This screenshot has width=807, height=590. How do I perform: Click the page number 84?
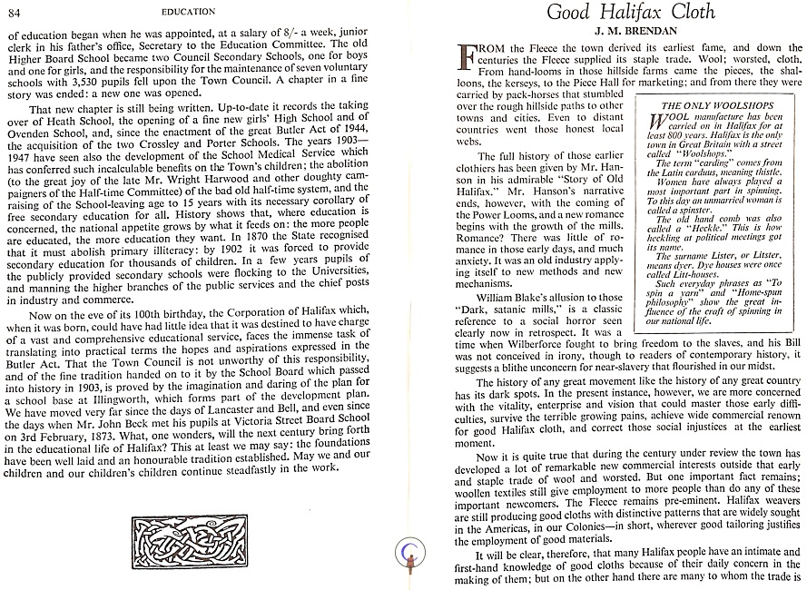16,12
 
